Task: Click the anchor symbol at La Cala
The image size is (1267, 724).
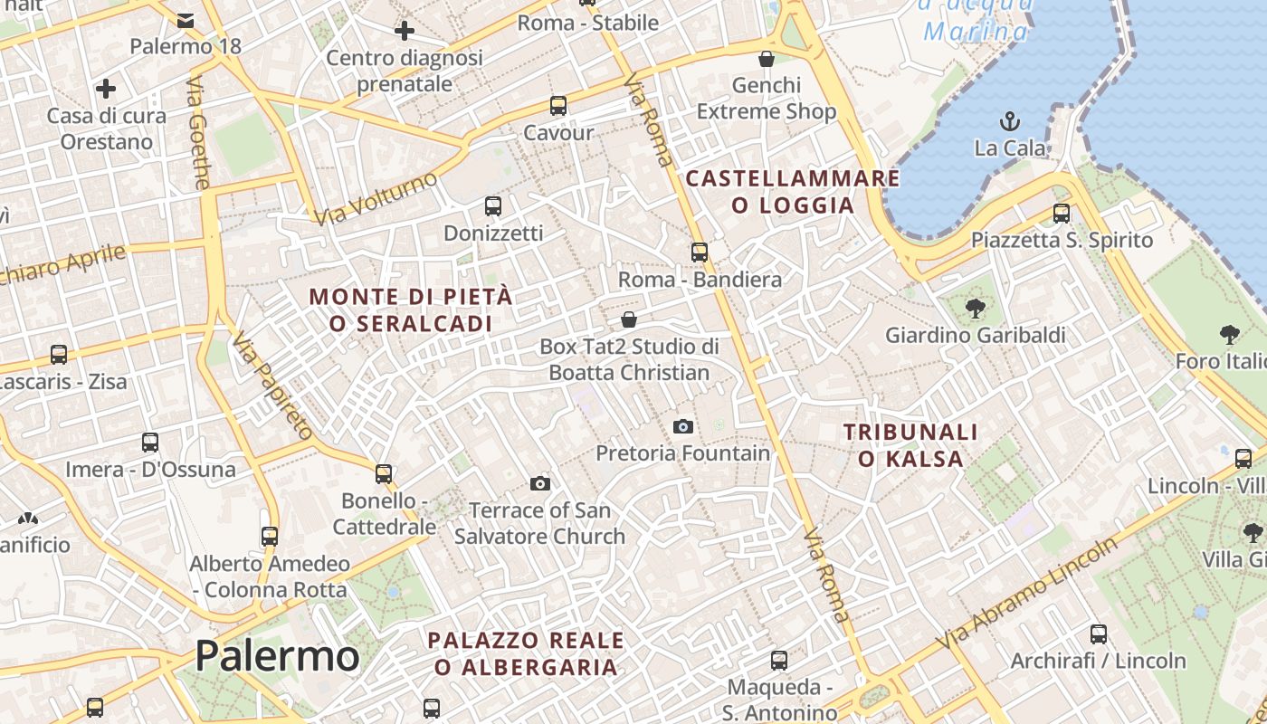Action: point(1009,120)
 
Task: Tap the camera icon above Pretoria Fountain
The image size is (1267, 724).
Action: point(683,426)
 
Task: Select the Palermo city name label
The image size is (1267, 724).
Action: point(277,655)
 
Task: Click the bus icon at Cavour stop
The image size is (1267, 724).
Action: point(558,105)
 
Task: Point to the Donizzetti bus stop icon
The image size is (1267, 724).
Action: point(493,206)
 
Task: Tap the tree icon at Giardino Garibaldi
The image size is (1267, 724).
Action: point(975,309)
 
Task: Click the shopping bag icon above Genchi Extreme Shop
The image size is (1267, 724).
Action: point(767,59)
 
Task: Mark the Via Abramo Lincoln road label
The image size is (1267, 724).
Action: point(1027,594)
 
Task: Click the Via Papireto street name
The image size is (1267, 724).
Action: point(271,386)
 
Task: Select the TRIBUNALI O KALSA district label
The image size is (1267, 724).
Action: point(910,445)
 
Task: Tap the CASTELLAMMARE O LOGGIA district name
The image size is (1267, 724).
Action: point(793,191)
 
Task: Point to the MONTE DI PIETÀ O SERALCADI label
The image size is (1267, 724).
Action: point(411,310)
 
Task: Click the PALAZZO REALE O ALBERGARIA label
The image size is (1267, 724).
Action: point(526,653)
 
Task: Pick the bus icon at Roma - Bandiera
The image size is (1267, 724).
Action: point(700,252)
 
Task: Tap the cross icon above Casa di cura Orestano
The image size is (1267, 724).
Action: point(106,89)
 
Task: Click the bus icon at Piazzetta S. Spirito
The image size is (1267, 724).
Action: point(1062,214)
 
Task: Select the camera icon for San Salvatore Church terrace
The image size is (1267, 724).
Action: point(540,483)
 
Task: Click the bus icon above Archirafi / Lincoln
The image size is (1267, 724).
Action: point(1099,634)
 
